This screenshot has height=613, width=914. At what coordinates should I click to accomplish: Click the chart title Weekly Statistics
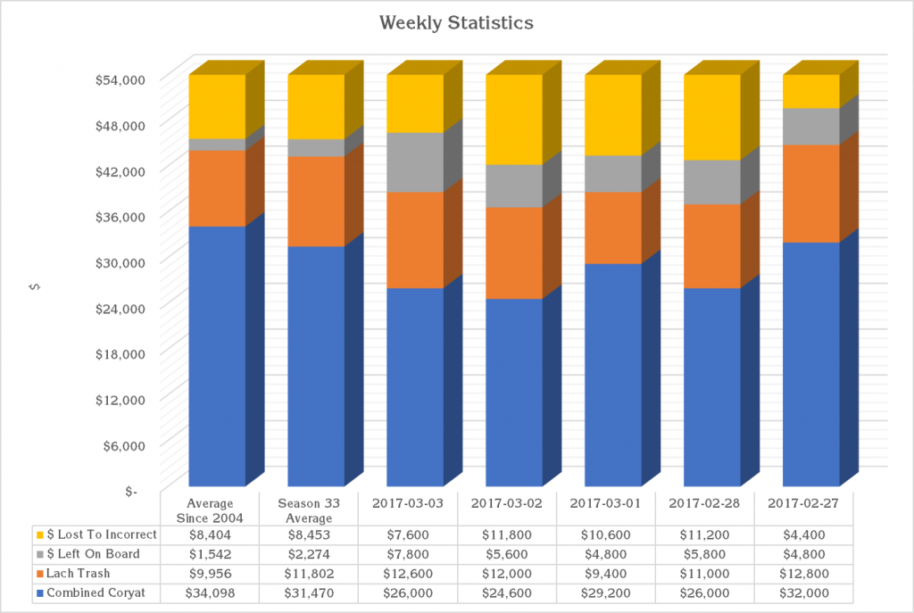456,22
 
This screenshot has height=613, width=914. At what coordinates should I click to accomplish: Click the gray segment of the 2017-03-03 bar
415,162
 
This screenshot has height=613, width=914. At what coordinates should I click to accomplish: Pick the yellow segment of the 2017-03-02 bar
514,120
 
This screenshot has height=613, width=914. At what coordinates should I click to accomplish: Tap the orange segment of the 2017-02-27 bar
811,193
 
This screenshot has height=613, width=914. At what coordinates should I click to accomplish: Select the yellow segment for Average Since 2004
217,106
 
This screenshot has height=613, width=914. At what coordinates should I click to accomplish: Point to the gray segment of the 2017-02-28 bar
712,182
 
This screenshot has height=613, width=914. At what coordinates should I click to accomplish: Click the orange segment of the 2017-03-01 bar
613,228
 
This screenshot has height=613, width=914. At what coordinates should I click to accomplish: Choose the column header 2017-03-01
607,504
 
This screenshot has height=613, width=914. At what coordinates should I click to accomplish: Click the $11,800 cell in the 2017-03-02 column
507,534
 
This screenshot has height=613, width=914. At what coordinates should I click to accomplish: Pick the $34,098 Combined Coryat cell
211,593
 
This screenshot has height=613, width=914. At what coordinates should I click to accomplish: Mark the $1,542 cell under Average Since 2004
211,554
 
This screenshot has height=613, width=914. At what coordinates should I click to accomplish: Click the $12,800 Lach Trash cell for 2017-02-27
803,574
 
